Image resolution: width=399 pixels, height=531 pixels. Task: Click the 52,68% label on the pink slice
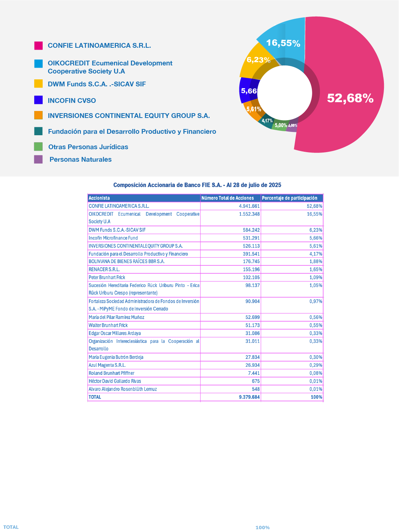pyautogui.click(x=350, y=98)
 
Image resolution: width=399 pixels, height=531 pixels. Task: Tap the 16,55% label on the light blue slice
pyautogui.click(x=283, y=43)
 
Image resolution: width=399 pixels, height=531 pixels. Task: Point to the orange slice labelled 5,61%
pyautogui.click(x=253, y=111)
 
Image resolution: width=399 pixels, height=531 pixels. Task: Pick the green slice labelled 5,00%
pyautogui.click(x=280, y=126)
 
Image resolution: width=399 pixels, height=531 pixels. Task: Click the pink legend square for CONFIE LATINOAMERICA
pyautogui.click(x=38, y=46)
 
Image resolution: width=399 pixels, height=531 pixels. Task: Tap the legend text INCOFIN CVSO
pyautogui.click(x=72, y=101)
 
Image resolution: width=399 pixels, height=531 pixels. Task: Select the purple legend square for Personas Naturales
pyautogui.click(x=38, y=159)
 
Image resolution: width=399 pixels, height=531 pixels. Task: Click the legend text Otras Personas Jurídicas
pyautogui.click(x=88, y=147)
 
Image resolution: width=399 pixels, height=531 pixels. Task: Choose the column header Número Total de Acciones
pyautogui.click(x=228, y=198)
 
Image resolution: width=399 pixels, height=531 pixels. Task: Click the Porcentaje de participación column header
pyautogui.click(x=289, y=198)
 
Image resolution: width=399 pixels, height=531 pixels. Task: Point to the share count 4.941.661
pyautogui.click(x=249, y=206)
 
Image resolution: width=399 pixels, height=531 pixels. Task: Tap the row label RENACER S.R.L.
pyautogui.click(x=104, y=269)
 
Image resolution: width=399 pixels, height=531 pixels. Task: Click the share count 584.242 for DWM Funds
pyautogui.click(x=251, y=230)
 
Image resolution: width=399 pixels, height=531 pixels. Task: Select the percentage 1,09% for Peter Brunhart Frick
pyautogui.click(x=316, y=277)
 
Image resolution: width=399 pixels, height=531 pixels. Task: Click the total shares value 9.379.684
pyautogui.click(x=249, y=397)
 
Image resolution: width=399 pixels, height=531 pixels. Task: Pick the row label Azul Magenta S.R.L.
pyautogui.click(x=107, y=365)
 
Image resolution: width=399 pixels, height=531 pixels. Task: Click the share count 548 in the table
pyautogui.click(x=256, y=389)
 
